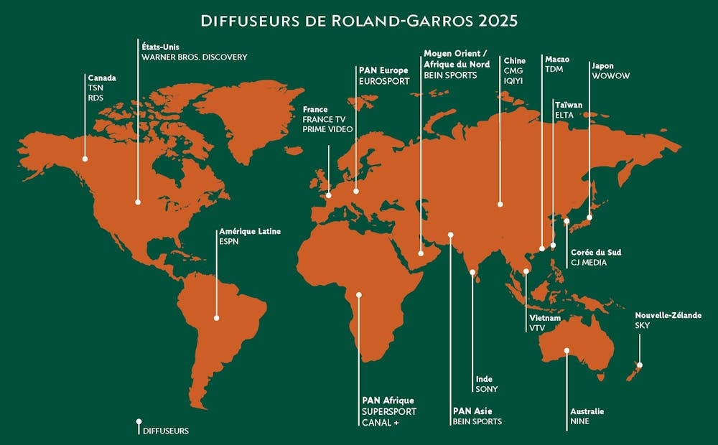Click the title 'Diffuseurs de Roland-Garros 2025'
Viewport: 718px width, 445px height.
pyautogui.click(x=359, y=20)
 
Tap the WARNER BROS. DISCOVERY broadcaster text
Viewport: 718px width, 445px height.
pyautogui.click(x=194, y=57)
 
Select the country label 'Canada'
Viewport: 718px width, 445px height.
pyautogui.click(x=102, y=78)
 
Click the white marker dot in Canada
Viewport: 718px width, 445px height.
pyautogui.click(x=85, y=159)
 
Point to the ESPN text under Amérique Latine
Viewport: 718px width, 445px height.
pyautogui.click(x=228, y=242)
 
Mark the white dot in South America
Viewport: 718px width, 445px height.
pyautogui.click(x=216, y=317)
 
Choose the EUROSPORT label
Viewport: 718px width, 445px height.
pyautogui.click(x=383, y=81)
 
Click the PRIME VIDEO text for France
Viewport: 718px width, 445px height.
pyautogui.click(x=327, y=129)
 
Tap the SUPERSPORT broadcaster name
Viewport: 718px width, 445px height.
pyautogui.click(x=389, y=411)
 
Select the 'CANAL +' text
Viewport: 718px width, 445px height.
pyautogui.click(x=380, y=422)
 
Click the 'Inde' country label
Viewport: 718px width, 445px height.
pyautogui.click(x=484, y=379)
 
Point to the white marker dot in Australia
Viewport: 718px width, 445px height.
pyautogui.click(x=567, y=350)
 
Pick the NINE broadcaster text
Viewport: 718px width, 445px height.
pyautogui.click(x=579, y=422)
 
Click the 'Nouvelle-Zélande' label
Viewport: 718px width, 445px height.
pyautogui.click(x=668, y=315)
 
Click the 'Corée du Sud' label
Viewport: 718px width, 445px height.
pyautogui.click(x=596, y=252)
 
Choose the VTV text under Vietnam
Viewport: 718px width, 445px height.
pyautogui.click(x=538, y=328)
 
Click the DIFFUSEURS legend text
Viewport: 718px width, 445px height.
pyautogui.click(x=166, y=431)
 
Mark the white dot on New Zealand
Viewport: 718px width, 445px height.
pyautogui.click(x=640, y=365)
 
